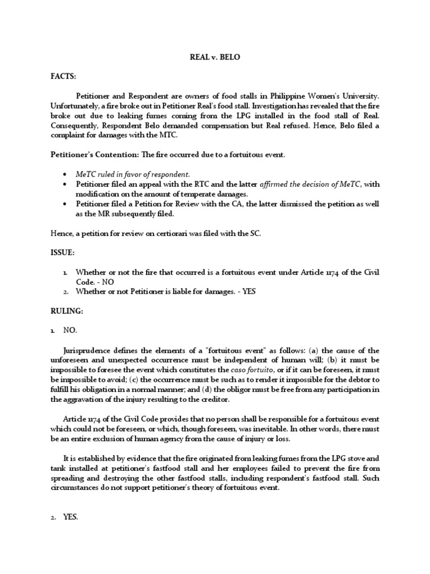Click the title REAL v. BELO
(215, 58)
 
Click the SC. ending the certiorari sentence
(255, 234)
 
